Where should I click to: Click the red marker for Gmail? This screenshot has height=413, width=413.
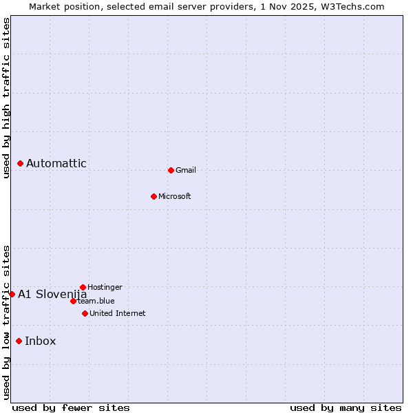[x=171, y=170]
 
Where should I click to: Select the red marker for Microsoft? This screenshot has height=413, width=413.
[x=153, y=196]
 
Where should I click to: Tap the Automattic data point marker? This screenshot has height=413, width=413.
[x=20, y=163]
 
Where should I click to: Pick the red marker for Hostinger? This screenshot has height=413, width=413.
[x=83, y=287]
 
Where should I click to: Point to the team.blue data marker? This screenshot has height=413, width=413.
[x=73, y=301]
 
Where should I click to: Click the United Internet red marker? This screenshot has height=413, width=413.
[x=85, y=313]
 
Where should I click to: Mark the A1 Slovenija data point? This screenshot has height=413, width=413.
[x=12, y=294]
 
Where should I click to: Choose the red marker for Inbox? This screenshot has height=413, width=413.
[x=19, y=341]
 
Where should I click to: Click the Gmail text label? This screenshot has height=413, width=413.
[x=186, y=170]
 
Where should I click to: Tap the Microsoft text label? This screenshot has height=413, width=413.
[x=175, y=196]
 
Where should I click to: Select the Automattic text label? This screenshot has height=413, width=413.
[x=56, y=163]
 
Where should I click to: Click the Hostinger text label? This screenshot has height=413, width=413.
[x=105, y=287]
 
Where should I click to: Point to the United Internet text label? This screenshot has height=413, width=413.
[x=118, y=313]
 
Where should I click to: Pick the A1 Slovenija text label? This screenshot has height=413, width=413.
[x=52, y=294]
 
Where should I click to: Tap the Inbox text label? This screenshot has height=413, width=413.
[x=41, y=341]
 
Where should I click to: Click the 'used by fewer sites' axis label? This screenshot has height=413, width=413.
[x=71, y=407]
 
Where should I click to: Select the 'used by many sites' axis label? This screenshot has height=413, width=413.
[x=346, y=407]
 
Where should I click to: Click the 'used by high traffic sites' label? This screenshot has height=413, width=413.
[x=6, y=98]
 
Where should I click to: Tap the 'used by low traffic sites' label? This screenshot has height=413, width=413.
[x=6, y=321]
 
